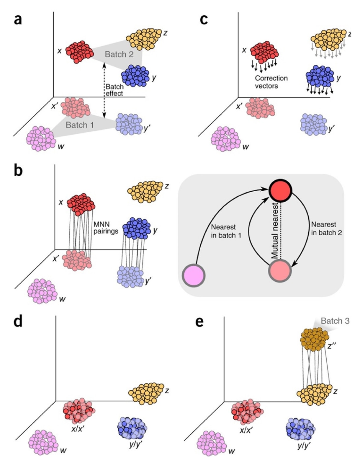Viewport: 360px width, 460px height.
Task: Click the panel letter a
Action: pyautogui.click(x=18, y=20)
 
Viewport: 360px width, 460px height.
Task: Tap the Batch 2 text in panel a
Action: pyautogui.click(x=119, y=54)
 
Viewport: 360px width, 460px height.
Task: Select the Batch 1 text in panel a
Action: pyautogui.click(x=80, y=125)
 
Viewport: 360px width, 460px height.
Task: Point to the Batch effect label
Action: pyautogui.click(x=114, y=90)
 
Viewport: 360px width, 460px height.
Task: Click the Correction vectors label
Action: pyautogui.click(x=271, y=82)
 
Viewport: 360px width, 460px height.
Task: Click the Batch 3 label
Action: pyautogui.click(x=335, y=321)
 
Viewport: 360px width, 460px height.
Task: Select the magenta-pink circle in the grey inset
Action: pyautogui.click(x=194, y=275)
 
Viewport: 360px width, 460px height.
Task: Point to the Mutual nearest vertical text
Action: pyautogui.click(x=275, y=231)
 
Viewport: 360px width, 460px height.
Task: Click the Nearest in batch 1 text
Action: pyautogui.click(x=223, y=231)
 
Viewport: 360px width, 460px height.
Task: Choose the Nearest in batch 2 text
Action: pyautogui.click(x=326, y=229)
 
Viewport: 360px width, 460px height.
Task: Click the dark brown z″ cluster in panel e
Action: pyautogui.click(x=314, y=340)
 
